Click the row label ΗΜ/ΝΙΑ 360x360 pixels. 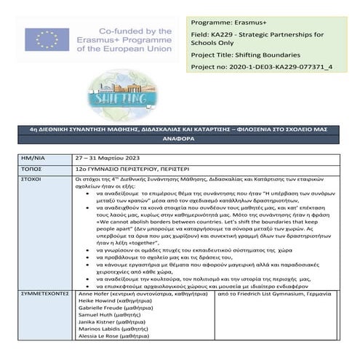(35, 157)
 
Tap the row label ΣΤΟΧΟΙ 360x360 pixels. (33, 177)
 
